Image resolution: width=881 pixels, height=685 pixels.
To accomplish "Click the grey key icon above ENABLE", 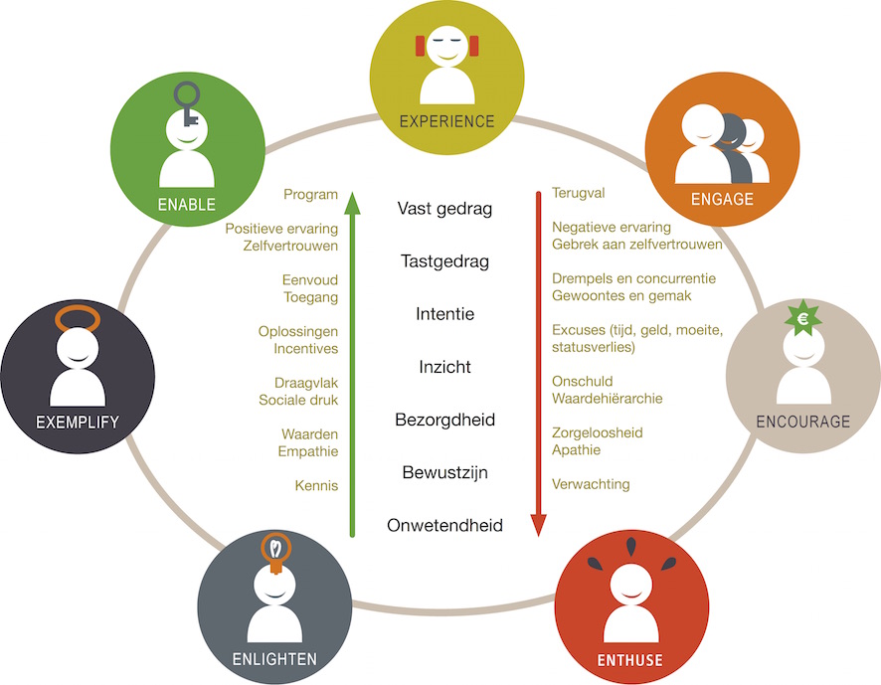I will [187, 104].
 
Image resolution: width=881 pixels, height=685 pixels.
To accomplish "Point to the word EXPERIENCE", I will [446, 122].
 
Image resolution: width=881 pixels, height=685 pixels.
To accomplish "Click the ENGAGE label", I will [722, 199].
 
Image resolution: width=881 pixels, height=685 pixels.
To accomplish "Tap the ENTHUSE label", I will [629, 660].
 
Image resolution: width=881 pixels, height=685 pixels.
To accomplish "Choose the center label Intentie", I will [444, 314].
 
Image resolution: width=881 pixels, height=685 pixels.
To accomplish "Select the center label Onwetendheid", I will [444, 525].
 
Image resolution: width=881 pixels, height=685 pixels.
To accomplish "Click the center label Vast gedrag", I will [444, 209].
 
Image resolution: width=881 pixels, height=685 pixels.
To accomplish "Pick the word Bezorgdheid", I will [444, 420].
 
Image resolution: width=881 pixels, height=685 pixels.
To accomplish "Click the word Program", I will [310, 195].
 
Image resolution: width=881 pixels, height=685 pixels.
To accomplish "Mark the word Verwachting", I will [591, 484].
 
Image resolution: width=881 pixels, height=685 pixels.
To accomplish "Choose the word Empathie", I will [308, 451].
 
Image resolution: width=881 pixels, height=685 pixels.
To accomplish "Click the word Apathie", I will [576, 450].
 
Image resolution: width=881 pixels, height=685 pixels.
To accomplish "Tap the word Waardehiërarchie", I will [607, 399].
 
